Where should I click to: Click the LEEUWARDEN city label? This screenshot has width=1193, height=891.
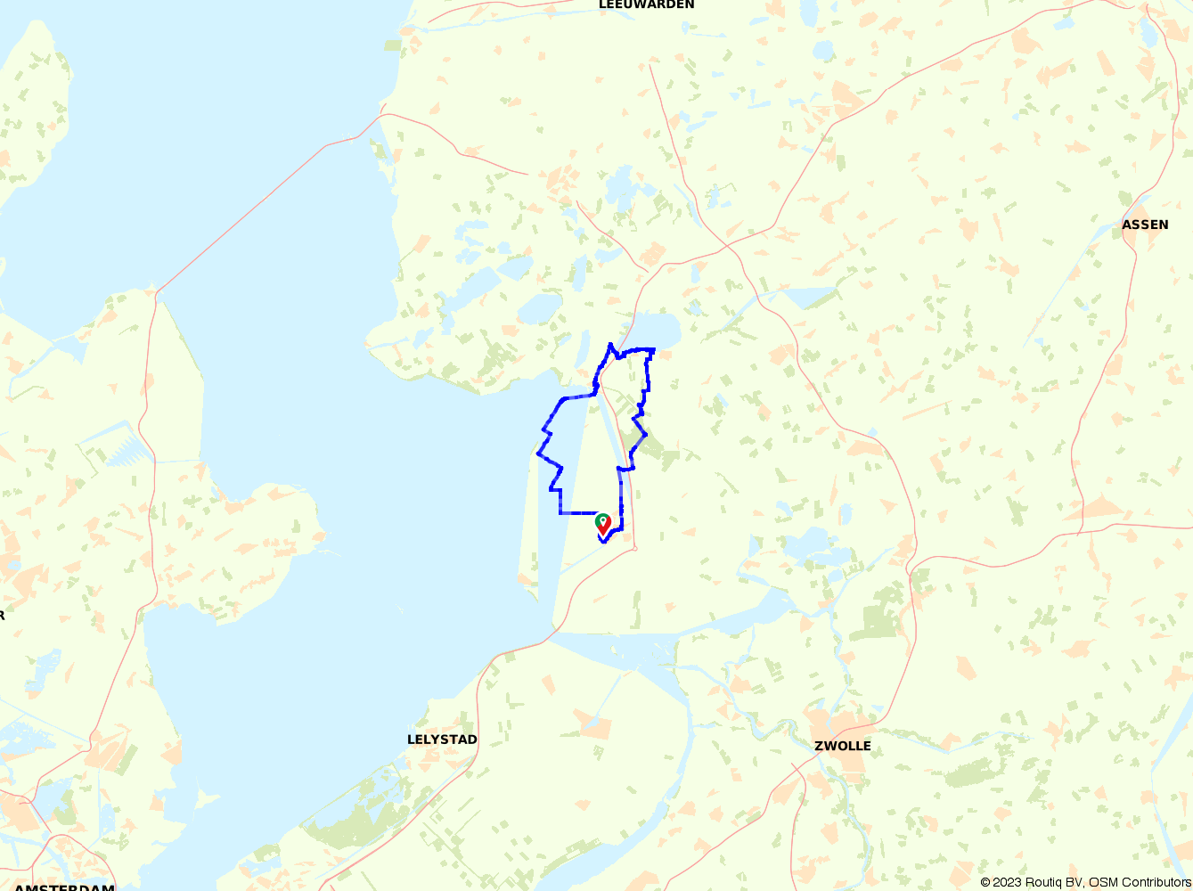646,4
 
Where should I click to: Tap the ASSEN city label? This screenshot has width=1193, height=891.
1145,225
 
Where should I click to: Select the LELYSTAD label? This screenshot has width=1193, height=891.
442,740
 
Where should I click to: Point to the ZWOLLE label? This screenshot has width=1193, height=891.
842,746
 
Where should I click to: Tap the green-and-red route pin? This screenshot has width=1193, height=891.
603,525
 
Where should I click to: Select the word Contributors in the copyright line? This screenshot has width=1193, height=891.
1149,882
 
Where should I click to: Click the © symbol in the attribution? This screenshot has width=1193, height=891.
985,882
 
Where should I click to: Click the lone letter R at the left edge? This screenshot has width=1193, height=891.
3,615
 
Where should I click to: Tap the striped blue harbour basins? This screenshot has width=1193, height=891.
124,450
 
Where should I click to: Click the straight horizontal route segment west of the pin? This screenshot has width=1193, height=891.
577,513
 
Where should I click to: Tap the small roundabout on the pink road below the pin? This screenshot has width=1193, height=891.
634,547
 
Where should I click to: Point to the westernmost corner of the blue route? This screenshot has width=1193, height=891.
537,454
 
